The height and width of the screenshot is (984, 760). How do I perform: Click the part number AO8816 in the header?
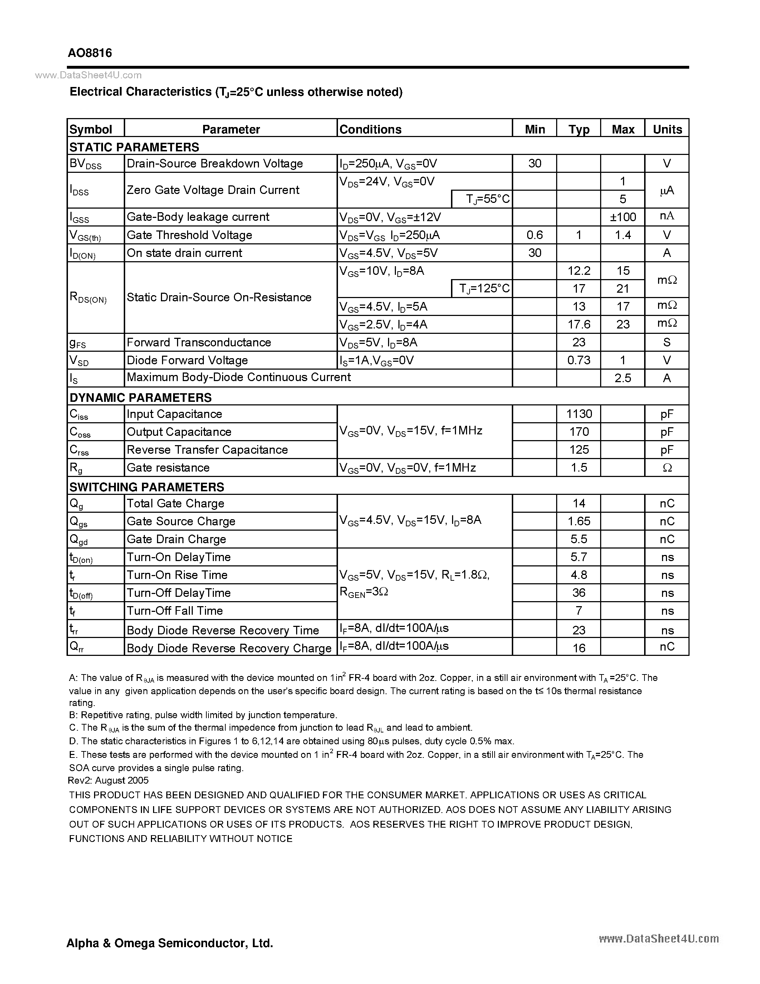90,53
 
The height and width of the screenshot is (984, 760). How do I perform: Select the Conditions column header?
370,129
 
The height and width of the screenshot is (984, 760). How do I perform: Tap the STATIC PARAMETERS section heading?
134,147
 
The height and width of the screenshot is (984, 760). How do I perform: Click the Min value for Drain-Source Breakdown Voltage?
534,164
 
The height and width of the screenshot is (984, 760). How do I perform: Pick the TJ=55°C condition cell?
482,199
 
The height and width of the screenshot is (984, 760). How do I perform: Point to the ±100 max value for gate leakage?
623,217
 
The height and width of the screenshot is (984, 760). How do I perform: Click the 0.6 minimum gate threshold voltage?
534,235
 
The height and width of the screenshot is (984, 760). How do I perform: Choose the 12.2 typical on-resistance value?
579,271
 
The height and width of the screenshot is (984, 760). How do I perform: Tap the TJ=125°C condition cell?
482,288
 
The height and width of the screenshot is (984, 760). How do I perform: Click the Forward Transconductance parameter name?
198,342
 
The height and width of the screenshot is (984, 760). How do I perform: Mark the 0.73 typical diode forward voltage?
579,360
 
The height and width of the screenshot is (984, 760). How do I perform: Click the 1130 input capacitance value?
579,414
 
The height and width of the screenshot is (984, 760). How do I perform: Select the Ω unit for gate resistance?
667,468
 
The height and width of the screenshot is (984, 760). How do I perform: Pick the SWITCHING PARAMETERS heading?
147,487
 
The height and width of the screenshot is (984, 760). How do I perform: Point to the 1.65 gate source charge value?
579,521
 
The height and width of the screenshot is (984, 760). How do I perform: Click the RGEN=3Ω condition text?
364,593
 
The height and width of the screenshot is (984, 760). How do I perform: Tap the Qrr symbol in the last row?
77,647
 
